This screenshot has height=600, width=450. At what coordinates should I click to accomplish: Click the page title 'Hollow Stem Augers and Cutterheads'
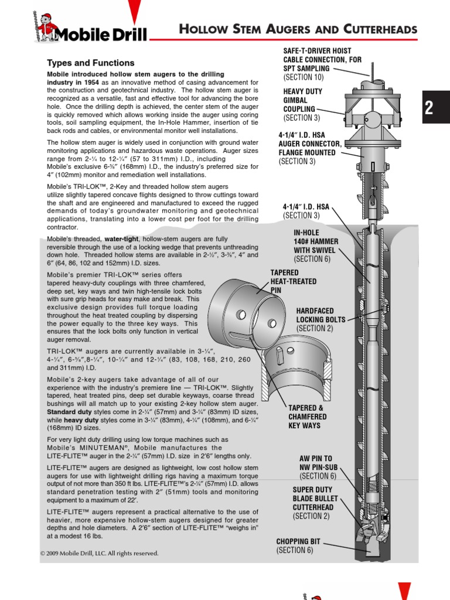coord(298,29)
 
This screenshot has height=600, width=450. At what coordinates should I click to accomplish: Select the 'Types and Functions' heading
coord(90,63)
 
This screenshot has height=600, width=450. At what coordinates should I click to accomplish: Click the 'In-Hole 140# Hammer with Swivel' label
coord(315,246)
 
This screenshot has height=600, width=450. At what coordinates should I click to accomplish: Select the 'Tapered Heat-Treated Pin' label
coord(293,281)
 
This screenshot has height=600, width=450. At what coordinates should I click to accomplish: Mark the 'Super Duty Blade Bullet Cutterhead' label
coord(313,503)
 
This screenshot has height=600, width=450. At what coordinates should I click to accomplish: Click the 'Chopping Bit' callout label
coord(297,546)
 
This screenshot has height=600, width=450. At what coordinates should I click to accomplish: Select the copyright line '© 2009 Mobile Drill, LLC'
coord(100,553)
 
